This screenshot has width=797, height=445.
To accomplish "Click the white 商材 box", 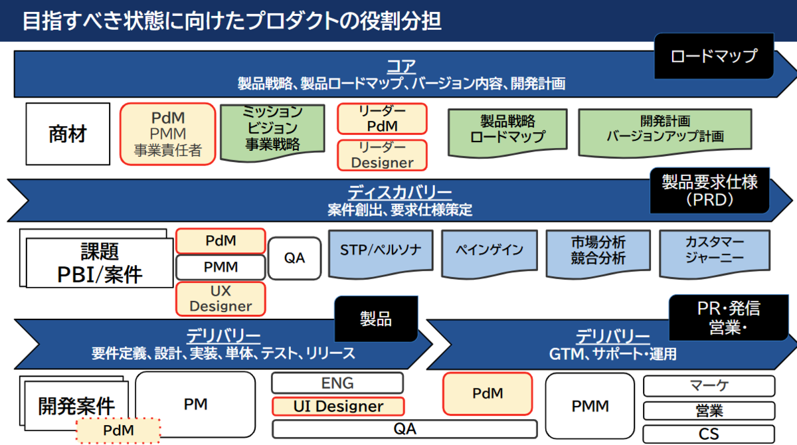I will click(68, 134).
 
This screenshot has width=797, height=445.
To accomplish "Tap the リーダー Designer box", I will click(382, 155).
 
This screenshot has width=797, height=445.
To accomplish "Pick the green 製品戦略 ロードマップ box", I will click(507, 130).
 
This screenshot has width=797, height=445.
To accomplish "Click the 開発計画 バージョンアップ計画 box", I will click(665, 130).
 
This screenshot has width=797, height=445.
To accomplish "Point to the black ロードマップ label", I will click(714, 56).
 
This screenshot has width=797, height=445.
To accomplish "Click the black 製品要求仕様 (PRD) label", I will click(709, 191).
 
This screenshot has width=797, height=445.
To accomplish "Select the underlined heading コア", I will click(401, 66).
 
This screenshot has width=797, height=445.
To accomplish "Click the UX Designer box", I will click(221, 298).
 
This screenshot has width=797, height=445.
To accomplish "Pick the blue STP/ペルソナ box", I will click(381, 253).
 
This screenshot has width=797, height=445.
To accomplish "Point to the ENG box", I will click(337, 383).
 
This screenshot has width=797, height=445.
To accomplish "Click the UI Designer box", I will click(338, 406).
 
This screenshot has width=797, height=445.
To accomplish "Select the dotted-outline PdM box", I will click(118, 430).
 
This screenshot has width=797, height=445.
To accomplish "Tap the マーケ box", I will click(709, 387).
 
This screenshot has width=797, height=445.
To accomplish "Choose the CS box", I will click(709, 434).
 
